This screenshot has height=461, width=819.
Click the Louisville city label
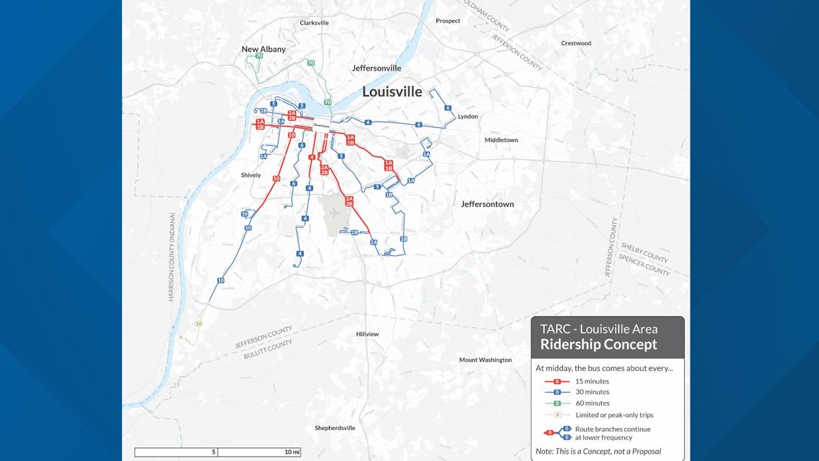[x=392, y=91]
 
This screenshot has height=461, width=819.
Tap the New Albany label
[x=264, y=50]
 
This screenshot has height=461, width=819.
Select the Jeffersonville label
[x=376, y=68]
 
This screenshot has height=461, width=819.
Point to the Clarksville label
[x=314, y=23]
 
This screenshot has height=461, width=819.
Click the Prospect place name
[x=448, y=21]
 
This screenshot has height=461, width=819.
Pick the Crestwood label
[x=575, y=43]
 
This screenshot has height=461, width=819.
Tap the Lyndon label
[x=468, y=117]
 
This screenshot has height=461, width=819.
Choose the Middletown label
[x=501, y=140]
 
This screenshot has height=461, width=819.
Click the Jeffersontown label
[x=487, y=204]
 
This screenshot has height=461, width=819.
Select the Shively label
[x=251, y=175]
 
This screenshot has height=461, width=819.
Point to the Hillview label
[x=367, y=334]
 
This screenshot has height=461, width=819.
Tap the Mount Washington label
[x=486, y=360]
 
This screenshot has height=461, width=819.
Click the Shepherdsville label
[x=335, y=428]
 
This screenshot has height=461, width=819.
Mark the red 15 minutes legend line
[x=557, y=381]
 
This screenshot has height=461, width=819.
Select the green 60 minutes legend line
[x=557, y=403]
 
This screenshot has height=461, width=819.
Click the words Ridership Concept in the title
[x=598, y=344]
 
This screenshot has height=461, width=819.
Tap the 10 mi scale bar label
[x=292, y=452]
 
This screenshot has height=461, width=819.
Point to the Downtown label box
[x=321, y=126]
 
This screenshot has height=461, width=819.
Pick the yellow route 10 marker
[x=199, y=324]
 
